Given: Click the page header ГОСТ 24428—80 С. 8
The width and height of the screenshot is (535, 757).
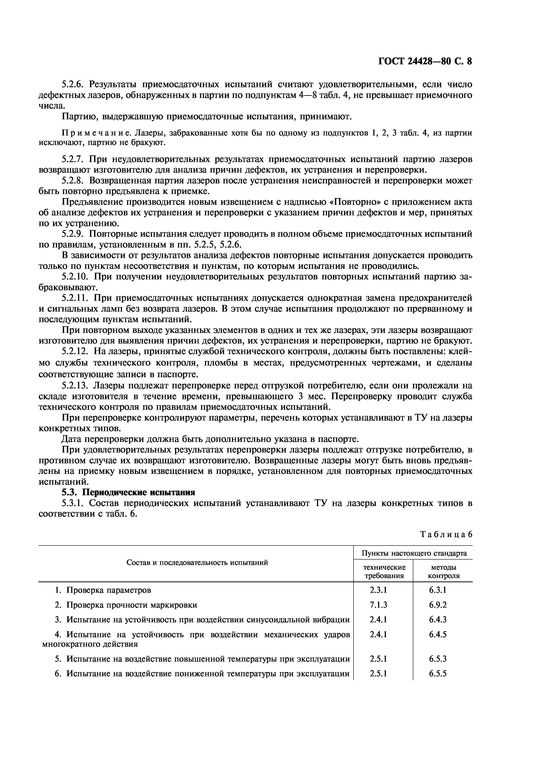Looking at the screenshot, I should [425, 62].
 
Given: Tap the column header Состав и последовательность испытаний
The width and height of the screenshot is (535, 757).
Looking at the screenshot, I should [197, 563].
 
